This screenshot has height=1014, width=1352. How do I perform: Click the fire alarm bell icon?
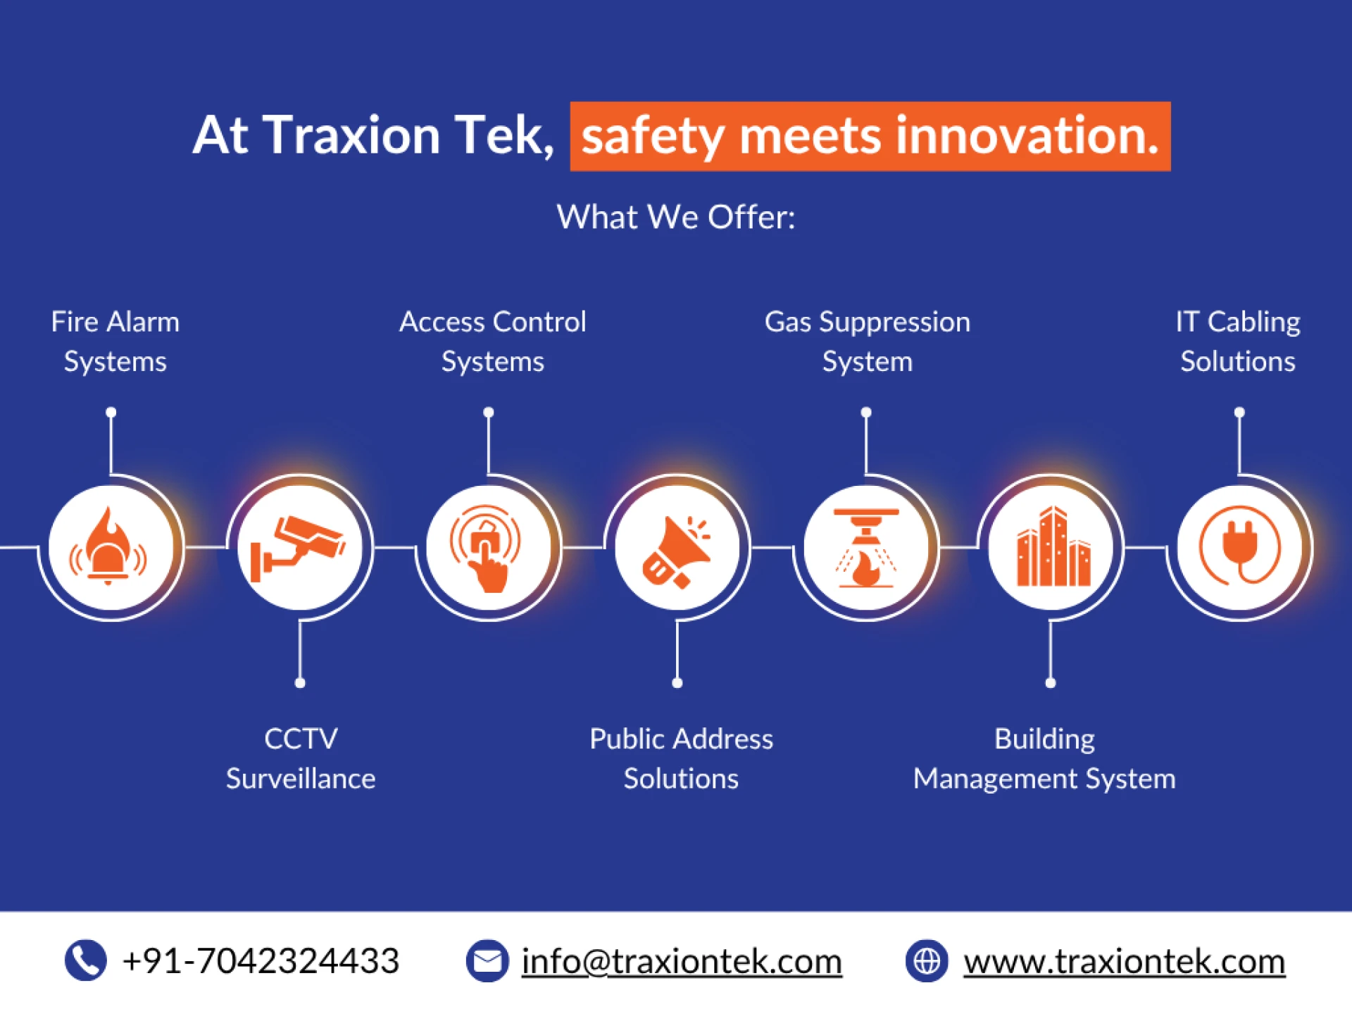(108, 546)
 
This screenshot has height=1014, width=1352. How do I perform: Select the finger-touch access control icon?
(486, 549)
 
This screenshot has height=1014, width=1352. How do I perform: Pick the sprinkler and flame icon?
(866, 548)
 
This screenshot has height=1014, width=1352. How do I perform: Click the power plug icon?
(1240, 546)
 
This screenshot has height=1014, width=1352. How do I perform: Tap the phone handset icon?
(86, 960)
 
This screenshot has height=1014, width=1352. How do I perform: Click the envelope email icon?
(487, 960)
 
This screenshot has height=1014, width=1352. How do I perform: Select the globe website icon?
(927, 960)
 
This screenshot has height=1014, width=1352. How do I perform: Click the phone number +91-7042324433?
(261, 960)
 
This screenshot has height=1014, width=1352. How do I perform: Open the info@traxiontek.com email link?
(682, 961)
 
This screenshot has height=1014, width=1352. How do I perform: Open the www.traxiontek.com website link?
(1125, 961)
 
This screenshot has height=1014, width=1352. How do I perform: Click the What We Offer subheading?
(676, 217)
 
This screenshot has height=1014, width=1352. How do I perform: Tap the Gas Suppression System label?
(868, 342)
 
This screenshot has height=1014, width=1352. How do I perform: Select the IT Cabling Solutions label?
(1238, 342)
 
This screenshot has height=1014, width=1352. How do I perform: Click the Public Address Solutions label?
(681, 758)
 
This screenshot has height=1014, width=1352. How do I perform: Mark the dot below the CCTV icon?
(300, 683)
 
